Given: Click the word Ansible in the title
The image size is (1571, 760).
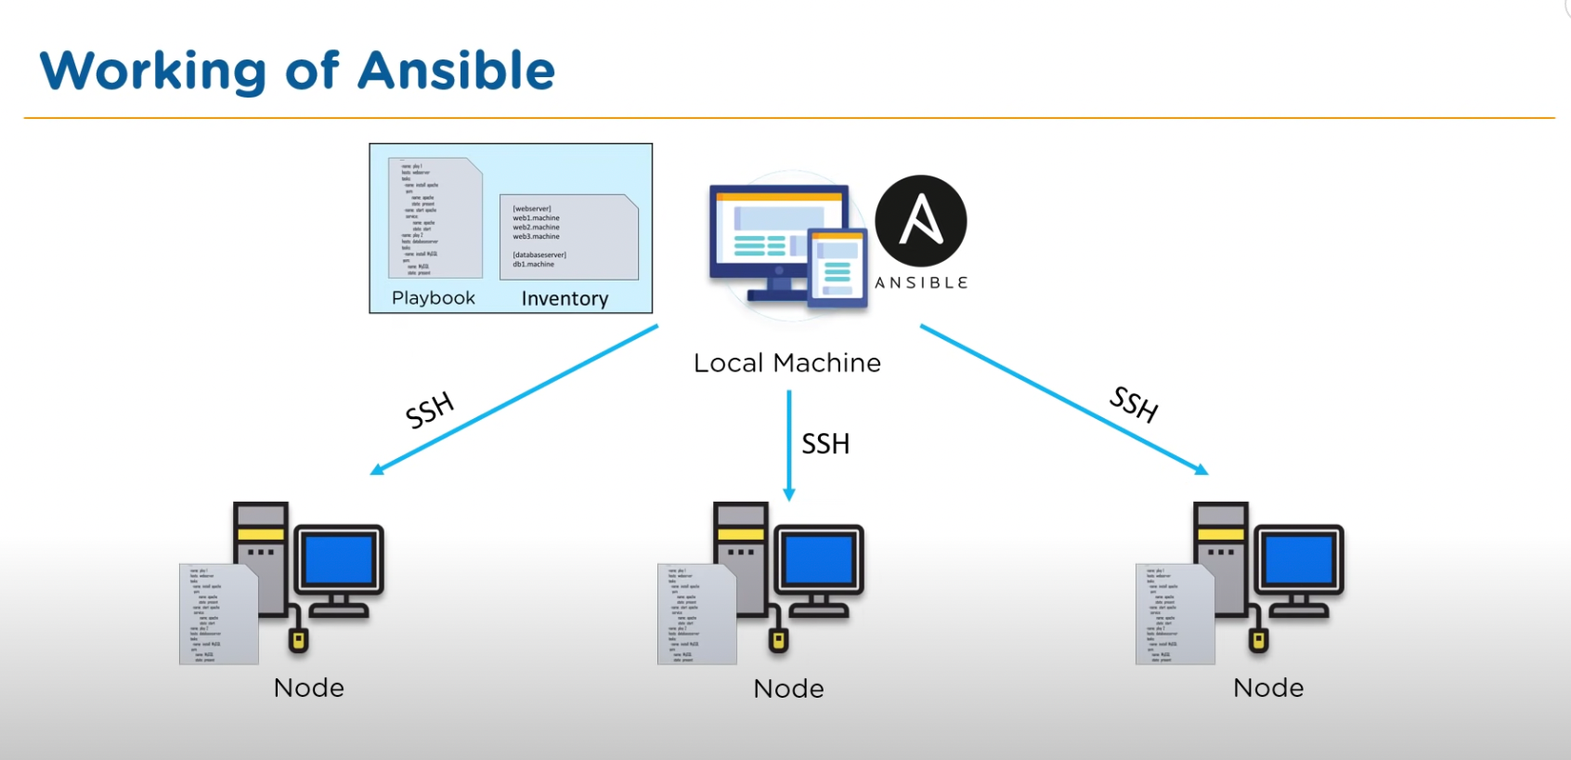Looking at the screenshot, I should click(457, 71).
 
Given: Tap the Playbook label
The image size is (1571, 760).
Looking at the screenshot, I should click(434, 298).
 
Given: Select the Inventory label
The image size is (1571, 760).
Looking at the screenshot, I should click(565, 298).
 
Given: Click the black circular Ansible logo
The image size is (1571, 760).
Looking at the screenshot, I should click(921, 221).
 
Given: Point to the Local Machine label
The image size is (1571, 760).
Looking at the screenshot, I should click(787, 363).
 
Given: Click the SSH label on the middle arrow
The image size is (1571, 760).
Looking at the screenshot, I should click(825, 444).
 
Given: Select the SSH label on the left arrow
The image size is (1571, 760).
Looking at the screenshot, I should click(430, 411).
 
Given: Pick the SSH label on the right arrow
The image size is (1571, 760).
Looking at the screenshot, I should click(1134, 404).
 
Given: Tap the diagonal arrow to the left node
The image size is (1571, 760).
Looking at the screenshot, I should click(515, 400).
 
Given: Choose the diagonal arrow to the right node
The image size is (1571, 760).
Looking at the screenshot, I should click(1063, 400).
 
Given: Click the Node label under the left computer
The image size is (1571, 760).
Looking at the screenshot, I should click(309, 688).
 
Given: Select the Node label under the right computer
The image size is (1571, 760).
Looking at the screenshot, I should click(1268, 688).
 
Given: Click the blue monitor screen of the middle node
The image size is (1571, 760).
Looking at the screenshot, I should click(820, 559).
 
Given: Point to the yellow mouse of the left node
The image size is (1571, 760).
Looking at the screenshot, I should click(298, 639).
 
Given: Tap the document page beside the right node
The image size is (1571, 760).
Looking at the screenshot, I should click(1174, 614).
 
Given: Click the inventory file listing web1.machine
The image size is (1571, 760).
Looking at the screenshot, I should click(568, 237).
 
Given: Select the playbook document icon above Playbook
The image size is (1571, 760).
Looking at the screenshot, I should click(435, 218).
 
